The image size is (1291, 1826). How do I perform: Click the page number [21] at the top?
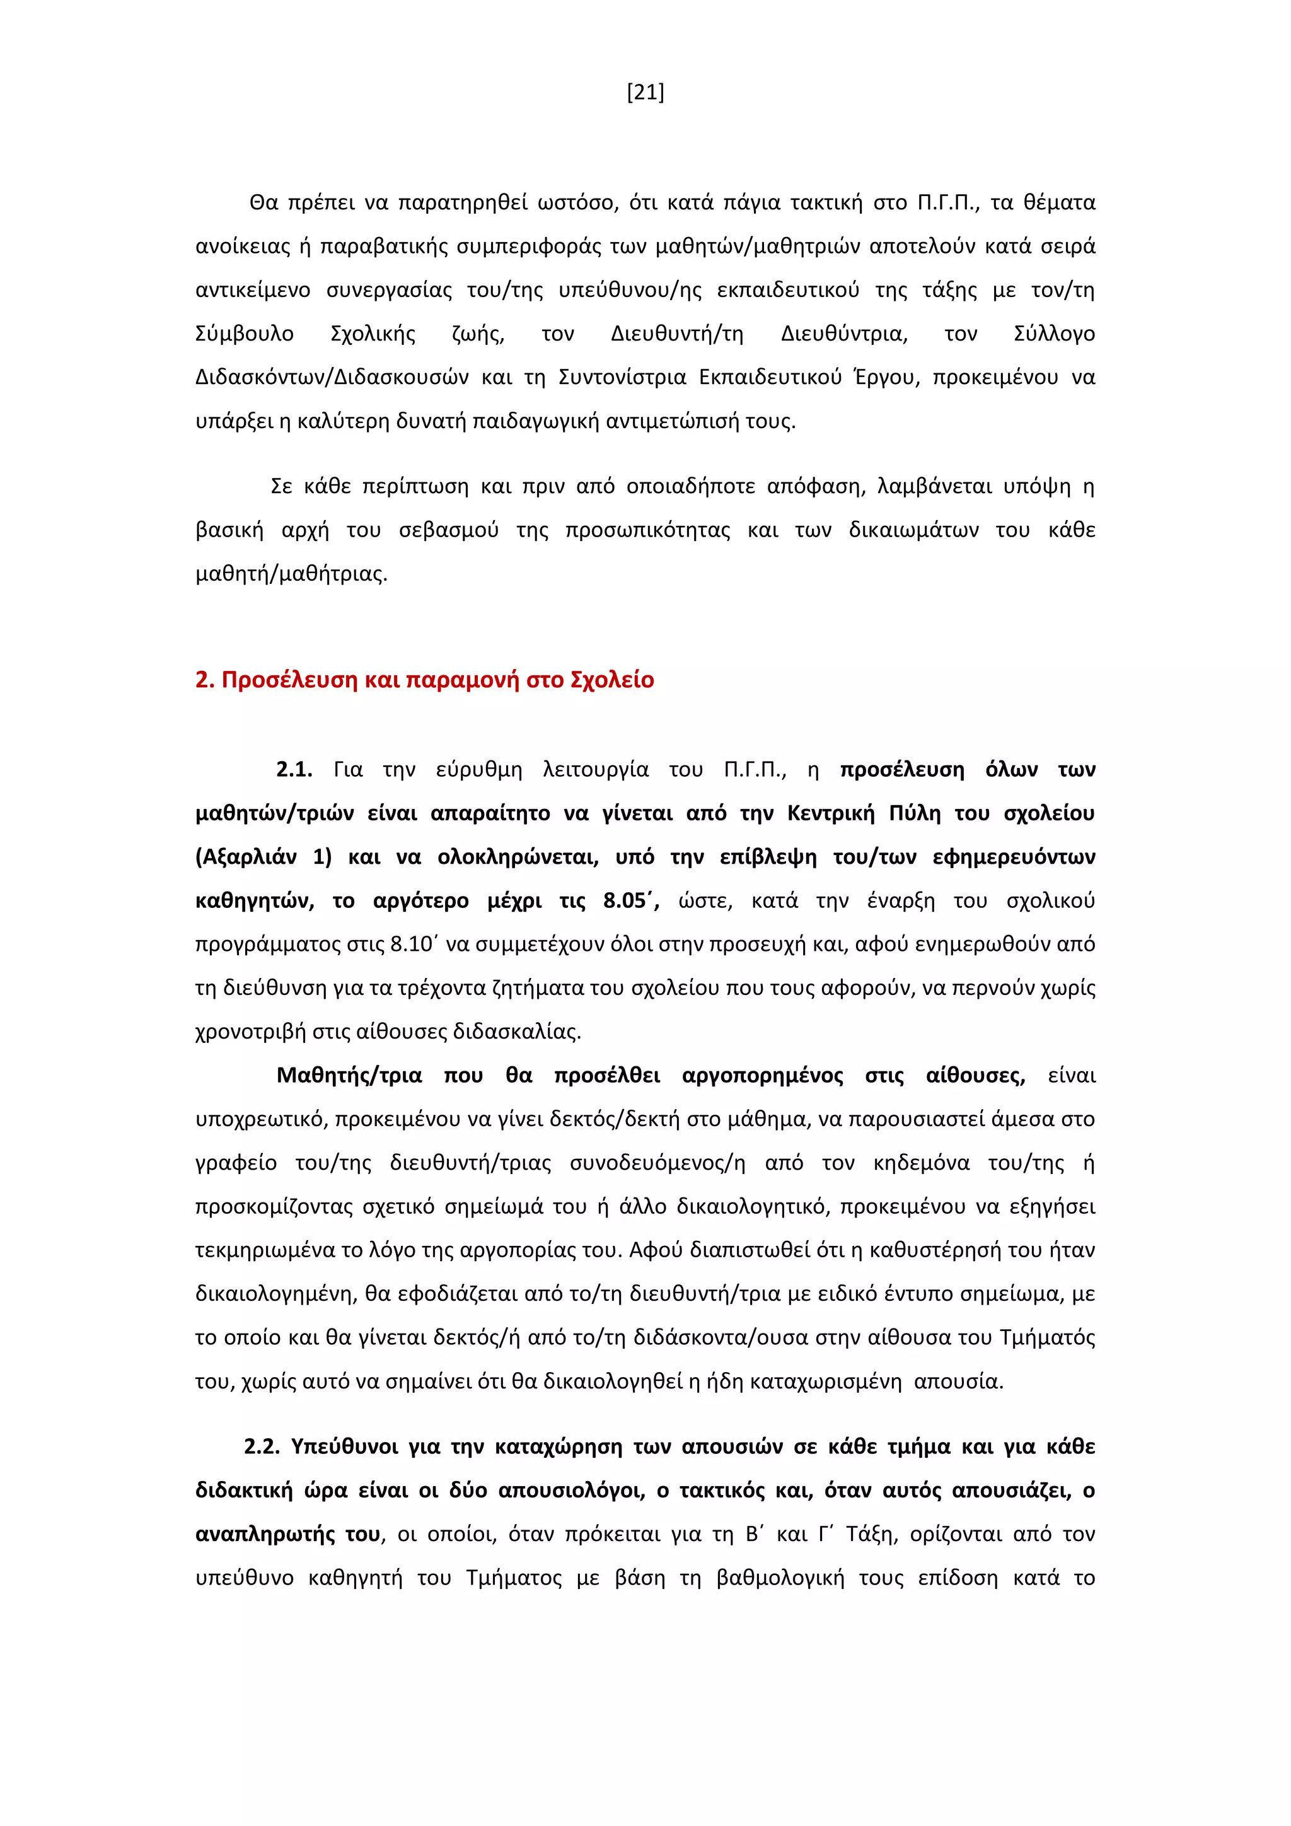645,93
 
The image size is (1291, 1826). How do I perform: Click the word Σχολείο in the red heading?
612,680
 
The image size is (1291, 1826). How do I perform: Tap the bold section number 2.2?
262,1446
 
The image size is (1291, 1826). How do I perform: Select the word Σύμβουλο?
245,334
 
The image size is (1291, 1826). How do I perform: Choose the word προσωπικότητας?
647,530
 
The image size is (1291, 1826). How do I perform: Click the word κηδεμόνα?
922,1163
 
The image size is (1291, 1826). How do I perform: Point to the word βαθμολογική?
780,1578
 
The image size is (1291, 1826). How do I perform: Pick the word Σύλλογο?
1054,334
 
